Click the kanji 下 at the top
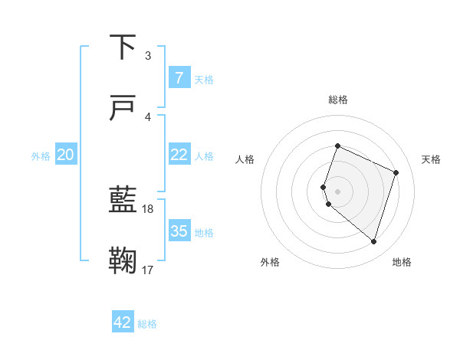tap(123, 47)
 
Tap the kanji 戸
tap(123, 109)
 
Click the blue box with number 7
tap(179, 77)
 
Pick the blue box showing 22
tap(179, 155)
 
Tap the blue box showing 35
tap(179, 231)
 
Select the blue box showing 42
tap(123, 322)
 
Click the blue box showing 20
tap(66, 155)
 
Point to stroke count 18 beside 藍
tap(148, 208)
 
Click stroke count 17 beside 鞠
tap(148, 270)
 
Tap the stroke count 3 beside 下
tap(148, 55)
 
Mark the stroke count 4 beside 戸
tap(148, 116)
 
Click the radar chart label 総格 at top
tap(338, 100)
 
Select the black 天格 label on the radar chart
tap(432, 159)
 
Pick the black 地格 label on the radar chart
tap(402, 262)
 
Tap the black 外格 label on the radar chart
tap(270, 262)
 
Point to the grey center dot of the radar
tap(338, 191)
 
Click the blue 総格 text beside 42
tap(147, 324)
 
